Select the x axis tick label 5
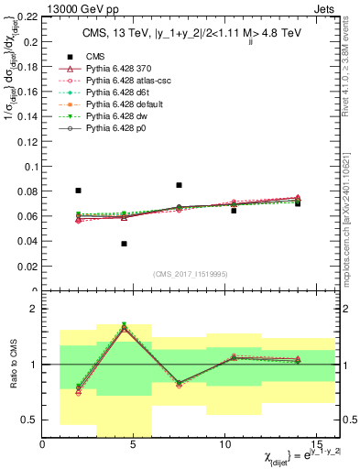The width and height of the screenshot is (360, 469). point(134,445)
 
